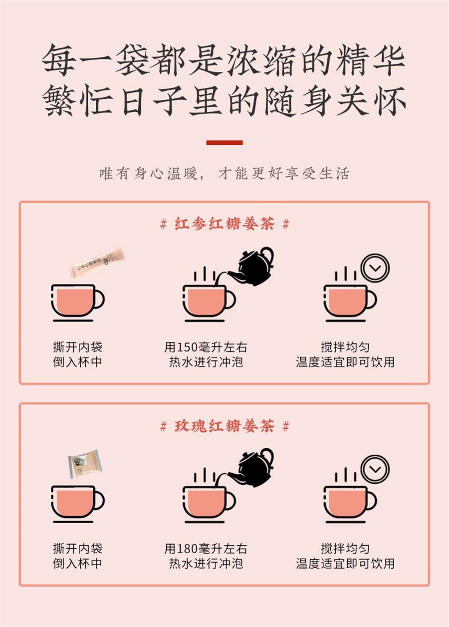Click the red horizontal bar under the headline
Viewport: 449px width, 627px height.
coord(224,143)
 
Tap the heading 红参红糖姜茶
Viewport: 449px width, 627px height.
coord(224,224)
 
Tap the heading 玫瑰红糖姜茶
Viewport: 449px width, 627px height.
coord(224,426)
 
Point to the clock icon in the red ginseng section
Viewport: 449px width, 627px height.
coord(375,269)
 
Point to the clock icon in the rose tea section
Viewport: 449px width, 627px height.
coord(375,469)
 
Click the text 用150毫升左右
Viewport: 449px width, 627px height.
coord(206,347)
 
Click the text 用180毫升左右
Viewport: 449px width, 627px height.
coord(206,549)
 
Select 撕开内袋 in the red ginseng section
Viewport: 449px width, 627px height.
coord(77,347)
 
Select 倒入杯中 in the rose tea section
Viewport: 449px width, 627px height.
coord(77,564)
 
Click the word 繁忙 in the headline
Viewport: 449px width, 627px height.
coord(78,100)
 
